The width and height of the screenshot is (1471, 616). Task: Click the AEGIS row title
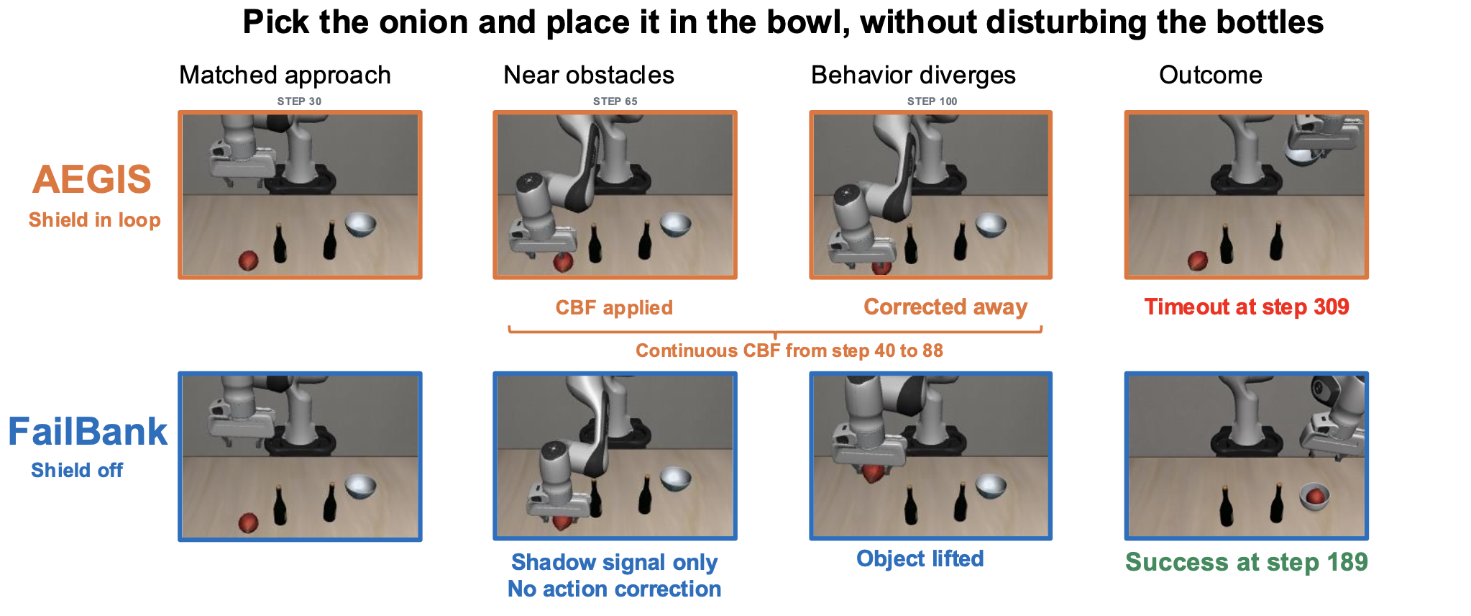(92, 179)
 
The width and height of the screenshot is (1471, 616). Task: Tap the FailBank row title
(88, 432)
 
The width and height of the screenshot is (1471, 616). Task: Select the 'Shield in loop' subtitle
(94, 220)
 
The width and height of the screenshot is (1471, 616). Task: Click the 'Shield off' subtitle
(77, 471)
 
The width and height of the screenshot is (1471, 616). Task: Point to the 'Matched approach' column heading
(285, 76)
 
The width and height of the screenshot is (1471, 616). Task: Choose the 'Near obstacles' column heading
(589, 75)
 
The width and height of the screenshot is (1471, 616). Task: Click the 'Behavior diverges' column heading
(913, 76)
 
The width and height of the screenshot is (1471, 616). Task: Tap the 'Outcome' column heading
(1211, 75)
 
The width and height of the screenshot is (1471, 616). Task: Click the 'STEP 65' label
(615, 101)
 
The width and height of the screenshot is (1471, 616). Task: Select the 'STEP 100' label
(932, 101)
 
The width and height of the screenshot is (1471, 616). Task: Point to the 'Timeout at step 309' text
(1247, 307)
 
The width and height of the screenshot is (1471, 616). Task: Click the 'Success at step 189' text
(1247, 562)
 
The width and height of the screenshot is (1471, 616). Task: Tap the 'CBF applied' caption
(614, 308)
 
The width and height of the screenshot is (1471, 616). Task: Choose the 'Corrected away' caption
(945, 307)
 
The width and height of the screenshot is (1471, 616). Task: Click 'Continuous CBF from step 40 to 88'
(789, 350)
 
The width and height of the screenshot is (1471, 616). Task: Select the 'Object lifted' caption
(920, 559)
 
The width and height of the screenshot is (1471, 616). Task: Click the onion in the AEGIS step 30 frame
(248, 261)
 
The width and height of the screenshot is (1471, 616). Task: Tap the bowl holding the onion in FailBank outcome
(1315, 497)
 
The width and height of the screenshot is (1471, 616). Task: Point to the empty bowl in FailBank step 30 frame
(361, 486)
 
